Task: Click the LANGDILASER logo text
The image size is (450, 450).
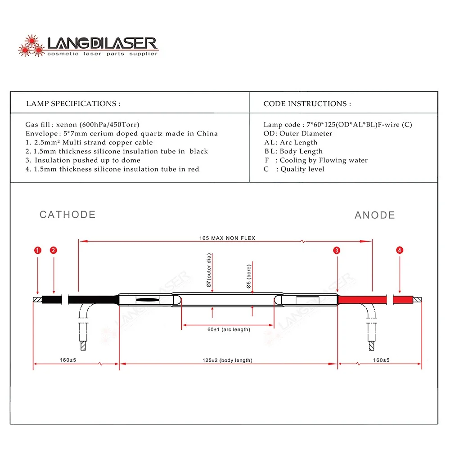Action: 103,43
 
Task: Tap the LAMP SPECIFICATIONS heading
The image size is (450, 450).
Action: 73,103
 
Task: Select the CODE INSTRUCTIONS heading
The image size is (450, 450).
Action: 307,103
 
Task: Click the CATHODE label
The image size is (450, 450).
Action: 67,215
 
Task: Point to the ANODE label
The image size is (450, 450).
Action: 375,215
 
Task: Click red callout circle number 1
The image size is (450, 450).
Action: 38,250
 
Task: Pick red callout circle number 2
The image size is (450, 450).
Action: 54,250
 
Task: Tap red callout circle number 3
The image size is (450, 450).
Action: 337,250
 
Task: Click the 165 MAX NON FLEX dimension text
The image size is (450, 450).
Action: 227,238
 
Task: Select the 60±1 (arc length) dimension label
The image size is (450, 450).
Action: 229,329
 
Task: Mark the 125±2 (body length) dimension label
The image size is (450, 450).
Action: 227,360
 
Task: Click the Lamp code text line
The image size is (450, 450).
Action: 337,125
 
